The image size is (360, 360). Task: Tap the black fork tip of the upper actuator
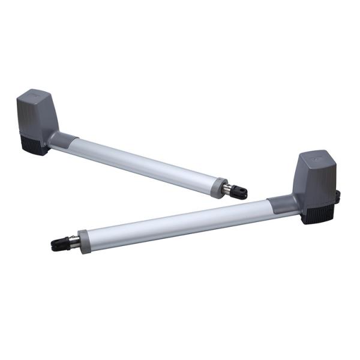(240, 192)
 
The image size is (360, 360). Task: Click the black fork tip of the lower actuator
(59, 244)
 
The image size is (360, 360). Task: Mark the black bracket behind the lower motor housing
(337, 195)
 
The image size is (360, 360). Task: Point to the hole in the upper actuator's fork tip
(241, 191)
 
